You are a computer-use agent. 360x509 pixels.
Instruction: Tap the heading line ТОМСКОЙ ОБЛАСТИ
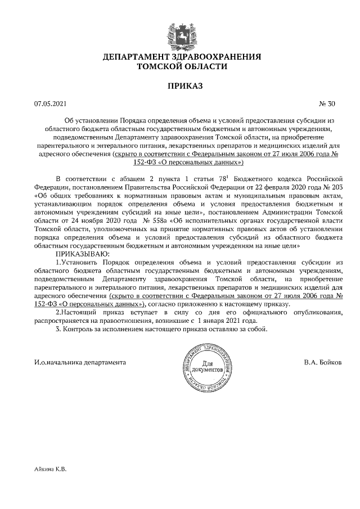point(182,66)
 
